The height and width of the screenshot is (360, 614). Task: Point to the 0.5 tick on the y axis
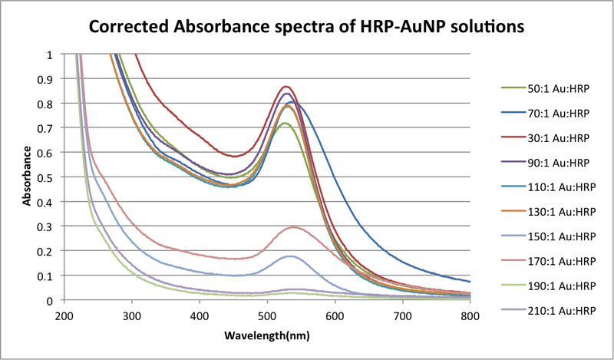click(50, 177)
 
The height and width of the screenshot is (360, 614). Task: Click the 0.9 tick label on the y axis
click(50, 79)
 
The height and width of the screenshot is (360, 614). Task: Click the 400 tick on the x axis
click(200, 315)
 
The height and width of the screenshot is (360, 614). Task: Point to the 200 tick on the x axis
click(64, 315)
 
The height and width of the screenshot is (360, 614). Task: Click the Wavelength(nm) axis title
click(266, 336)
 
